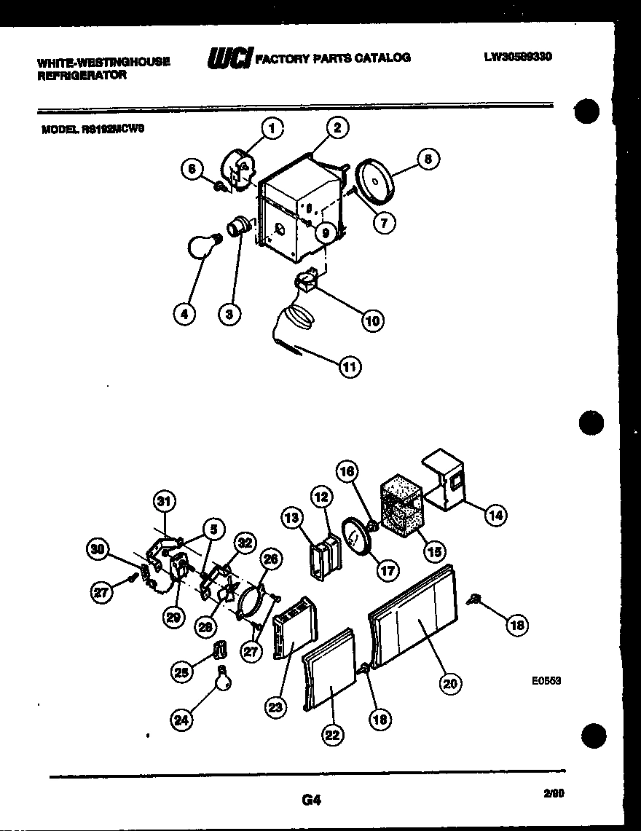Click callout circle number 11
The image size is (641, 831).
(x=350, y=367)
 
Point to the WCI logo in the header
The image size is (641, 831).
(x=229, y=58)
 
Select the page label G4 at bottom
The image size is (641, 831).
(x=311, y=800)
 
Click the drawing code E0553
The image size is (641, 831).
(x=546, y=682)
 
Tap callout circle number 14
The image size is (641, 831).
(x=495, y=515)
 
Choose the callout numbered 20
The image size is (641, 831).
(x=451, y=682)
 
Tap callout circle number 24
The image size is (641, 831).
(x=182, y=720)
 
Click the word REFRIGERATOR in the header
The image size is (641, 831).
(x=82, y=74)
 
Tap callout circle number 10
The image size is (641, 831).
(x=373, y=320)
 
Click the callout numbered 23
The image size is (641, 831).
(x=276, y=706)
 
